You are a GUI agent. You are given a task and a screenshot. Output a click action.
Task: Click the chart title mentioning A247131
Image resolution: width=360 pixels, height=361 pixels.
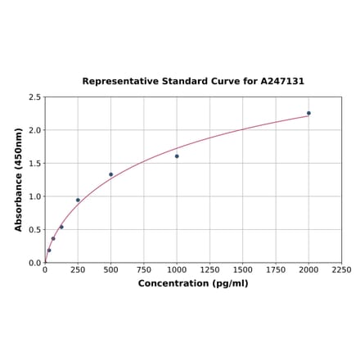pos(193,82)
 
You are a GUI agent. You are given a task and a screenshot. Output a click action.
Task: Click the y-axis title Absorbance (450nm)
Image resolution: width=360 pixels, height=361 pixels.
pos(19,179)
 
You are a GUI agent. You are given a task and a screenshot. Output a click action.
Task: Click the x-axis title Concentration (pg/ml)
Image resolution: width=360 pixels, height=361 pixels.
pos(193,283)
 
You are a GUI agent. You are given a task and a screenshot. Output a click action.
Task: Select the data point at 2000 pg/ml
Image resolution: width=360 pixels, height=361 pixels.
pos(308,113)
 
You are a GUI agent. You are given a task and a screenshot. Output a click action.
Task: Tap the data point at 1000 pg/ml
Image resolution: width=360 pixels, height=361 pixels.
pos(177,156)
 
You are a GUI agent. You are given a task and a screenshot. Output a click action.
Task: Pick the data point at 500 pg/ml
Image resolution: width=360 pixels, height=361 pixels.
pos(111,174)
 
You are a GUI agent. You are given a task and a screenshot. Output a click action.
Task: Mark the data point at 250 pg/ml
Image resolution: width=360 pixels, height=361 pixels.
pos(78,200)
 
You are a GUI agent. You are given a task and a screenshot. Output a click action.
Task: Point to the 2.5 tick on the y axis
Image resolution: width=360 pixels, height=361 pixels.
pos(34,97)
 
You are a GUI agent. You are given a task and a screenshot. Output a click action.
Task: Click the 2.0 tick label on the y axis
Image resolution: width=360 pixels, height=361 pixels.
pos(34,130)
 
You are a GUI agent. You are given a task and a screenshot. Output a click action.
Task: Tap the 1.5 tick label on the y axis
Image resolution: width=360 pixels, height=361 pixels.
pos(34,164)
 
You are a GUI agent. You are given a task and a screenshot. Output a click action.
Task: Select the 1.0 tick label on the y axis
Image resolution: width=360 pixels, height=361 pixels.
pos(34,196)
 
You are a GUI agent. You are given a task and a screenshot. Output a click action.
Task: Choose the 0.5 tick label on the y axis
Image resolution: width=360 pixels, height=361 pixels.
pos(34,230)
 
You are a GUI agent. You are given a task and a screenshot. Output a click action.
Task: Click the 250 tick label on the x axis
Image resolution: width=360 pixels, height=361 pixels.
pos(78,269)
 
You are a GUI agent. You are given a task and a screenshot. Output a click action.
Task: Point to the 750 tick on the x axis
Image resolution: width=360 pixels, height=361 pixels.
pos(144,269)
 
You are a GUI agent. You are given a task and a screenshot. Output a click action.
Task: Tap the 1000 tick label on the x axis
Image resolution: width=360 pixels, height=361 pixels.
pos(177,269)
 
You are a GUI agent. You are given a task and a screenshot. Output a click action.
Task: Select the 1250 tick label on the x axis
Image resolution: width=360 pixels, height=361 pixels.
pos(209,269)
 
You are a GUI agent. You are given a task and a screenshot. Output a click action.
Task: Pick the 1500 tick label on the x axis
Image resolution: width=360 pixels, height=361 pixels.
pos(243,269)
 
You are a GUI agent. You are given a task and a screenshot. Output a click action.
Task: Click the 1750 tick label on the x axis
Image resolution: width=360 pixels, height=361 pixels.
pos(276,269)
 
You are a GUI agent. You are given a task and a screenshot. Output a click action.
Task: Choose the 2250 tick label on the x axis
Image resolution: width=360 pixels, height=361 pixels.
pos(341,269)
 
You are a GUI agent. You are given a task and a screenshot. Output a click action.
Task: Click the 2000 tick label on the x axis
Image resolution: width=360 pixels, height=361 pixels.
pos(308,269)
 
